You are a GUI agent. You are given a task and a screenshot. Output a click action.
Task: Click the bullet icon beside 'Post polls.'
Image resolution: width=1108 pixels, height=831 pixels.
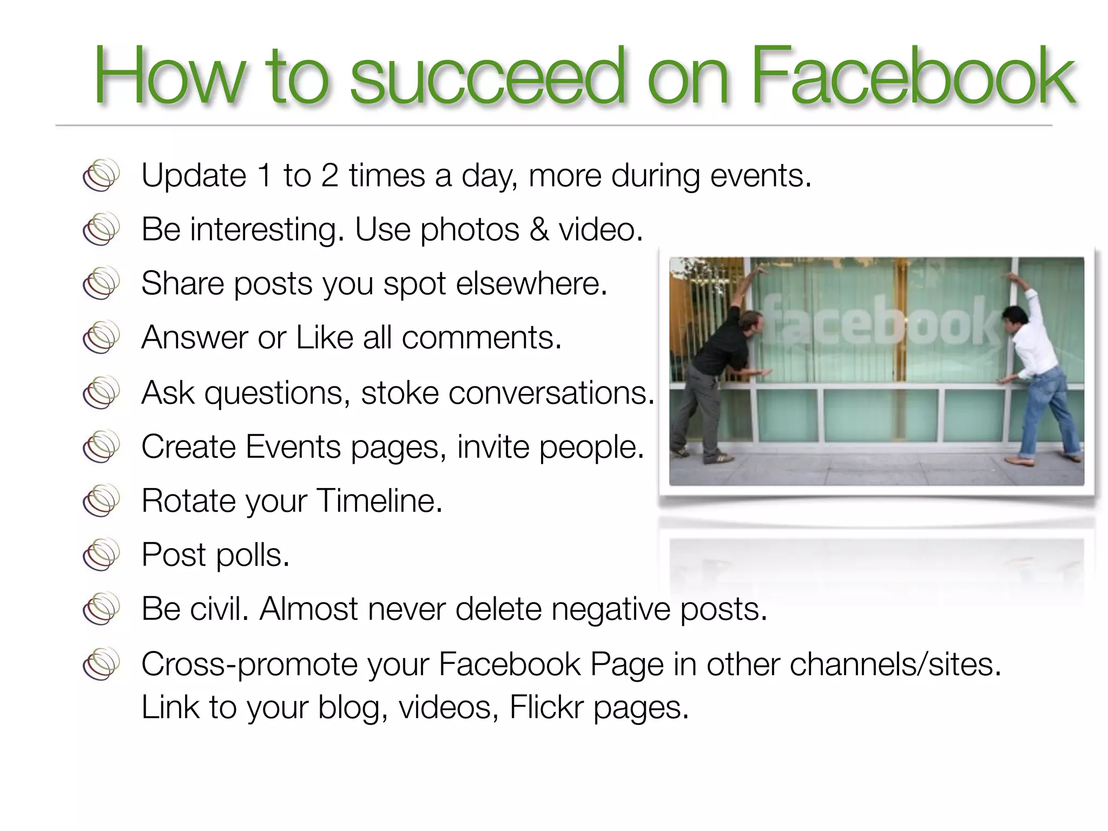click(101, 554)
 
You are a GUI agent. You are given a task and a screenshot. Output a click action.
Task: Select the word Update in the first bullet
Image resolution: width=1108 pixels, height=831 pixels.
click(194, 176)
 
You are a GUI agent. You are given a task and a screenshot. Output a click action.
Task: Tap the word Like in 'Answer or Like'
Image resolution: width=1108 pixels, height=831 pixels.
click(324, 338)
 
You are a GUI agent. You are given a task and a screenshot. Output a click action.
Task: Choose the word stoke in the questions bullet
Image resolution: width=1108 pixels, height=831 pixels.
click(399, 393)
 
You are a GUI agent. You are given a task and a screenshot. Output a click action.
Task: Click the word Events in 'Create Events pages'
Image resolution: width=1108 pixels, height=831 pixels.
click(293, 447)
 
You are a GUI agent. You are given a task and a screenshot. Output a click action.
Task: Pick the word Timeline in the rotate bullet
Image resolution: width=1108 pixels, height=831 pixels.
click(379, 500)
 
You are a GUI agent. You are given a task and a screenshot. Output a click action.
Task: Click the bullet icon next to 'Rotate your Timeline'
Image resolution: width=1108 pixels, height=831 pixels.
click(101, 500)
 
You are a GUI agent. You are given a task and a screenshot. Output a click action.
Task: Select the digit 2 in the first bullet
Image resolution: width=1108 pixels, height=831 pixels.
click(329, 176)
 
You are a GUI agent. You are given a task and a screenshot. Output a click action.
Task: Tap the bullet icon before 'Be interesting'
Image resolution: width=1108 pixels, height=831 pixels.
click(101, 229)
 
